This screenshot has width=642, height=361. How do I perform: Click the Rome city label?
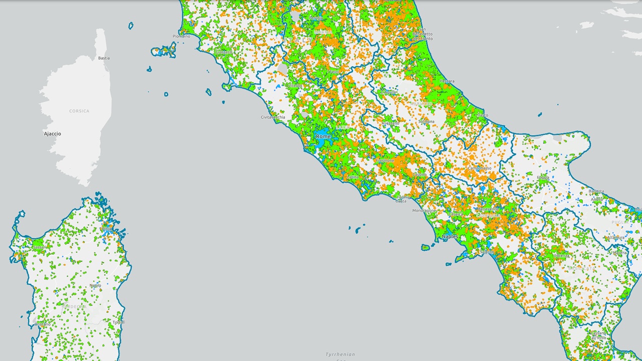tap(323, 136)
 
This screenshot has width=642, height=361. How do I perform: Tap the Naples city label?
tap(450, 236)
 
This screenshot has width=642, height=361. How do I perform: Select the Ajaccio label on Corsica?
tap(52, 134)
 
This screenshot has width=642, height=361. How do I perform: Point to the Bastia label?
tap(104, 58)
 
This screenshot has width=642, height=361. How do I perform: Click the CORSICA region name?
tap(79, 111)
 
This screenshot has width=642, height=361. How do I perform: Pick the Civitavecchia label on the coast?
tap(273, 117)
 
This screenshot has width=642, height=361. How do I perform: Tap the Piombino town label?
tap(182, 36)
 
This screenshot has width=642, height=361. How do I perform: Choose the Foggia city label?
tap(543, 177)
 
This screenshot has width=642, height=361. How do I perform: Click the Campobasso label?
tap(480, 168)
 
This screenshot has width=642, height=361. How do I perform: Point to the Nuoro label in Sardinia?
tap(95, 285)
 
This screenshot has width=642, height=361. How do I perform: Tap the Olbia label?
tap(107, 229)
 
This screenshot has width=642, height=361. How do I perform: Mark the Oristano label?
tap(42, 324)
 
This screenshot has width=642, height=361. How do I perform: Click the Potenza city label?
tap(561, 256)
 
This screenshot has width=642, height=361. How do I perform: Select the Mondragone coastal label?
tap(424, 211)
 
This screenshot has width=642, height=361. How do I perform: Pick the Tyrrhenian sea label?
tap(340, 354)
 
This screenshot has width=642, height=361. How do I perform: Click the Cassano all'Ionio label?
tap(598, 335)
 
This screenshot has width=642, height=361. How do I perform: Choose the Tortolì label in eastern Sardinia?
tap(119, 322)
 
